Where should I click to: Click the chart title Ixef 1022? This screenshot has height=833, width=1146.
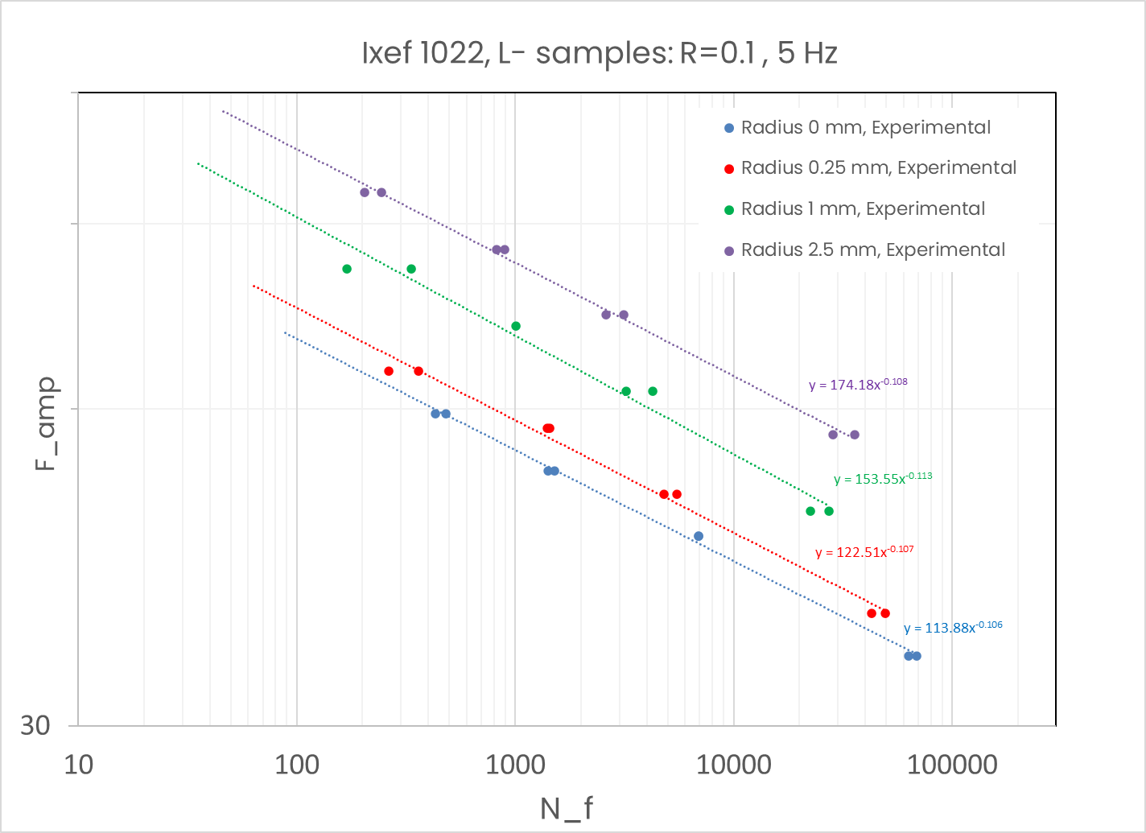coord(600,53)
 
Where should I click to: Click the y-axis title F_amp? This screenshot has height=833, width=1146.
coord(47,423)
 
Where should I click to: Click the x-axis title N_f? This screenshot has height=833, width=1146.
coord(567,807)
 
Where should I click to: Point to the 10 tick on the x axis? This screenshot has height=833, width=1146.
coord(78,764)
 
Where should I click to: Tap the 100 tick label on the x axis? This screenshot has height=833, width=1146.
coord(297,764)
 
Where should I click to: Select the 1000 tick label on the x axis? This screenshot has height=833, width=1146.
coord(515,764)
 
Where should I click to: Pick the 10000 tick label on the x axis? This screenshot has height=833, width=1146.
coord(733,764)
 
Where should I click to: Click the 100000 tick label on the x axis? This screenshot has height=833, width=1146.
coord(952,764)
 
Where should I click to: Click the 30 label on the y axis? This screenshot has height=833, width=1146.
coord(36,726)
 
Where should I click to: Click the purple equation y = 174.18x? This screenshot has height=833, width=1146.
coord(858,385)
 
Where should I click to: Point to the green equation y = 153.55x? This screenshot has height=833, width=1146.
coord(883,479)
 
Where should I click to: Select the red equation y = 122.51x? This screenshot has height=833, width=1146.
coord(864,553)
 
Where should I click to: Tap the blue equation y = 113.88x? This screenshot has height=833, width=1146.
coord(953,628)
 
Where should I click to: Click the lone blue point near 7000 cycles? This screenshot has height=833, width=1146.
coord(699,536)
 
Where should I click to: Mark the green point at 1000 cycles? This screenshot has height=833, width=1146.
coord(516,326)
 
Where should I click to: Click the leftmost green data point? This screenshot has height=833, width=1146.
coord(347,269)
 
